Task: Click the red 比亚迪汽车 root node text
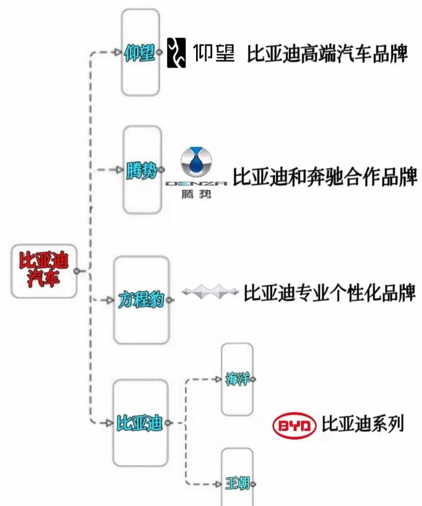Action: click(x=44, y=269)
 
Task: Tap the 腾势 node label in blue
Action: click(x=141, y=170)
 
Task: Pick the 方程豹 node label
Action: click(x=141, y=300)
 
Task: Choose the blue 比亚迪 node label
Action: click(x=139, y=423)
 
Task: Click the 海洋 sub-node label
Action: click(x=237, y=379)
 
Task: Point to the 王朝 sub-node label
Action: click(x=237, y=484)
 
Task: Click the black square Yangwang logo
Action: click(x=176, y=53)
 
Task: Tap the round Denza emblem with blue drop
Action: click(x=196, y=162)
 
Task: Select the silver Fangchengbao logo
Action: click(x=210, y=292)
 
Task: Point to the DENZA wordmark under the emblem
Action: click(x=196, y=184)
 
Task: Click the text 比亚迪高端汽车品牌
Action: click(x=327, y=54)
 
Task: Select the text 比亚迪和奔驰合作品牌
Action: click(x=325, y=177)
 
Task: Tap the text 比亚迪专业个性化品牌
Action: click(x=329, y=293)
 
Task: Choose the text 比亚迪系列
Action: click(x=363, y=424)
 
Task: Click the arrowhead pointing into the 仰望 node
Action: click(x=118, y=53)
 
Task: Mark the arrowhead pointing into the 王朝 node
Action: click(x=218, y=484)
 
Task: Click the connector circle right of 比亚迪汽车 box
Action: click(x=77, y=271)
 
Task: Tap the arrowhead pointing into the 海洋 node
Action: click(x=218, y=379)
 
